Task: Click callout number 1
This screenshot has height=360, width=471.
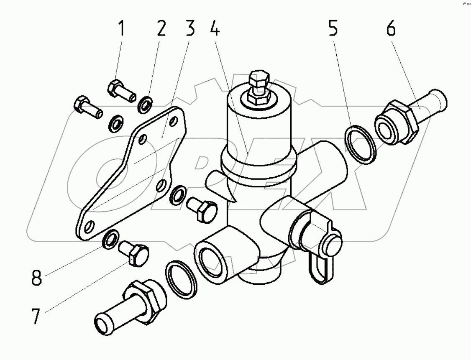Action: click(x=121, y=30)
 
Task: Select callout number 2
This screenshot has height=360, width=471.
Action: click(x=161, y=30)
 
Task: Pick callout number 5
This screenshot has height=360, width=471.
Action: click(x=333, y=30)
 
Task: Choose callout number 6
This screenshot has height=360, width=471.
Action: click(x=391, y=30)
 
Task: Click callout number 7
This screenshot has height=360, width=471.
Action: click(x=37, y=316)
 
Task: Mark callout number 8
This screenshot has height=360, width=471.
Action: click(x=37, y=278)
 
